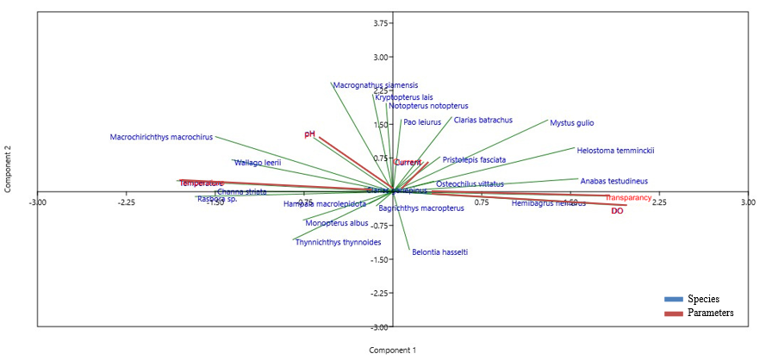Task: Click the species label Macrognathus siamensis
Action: pyautogui.click(x=375, y=85)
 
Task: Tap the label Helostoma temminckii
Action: pyautogui.click(x=615, y=150)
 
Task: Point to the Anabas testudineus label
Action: pyautogui.click(x=613, y=182)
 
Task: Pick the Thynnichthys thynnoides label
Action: pyautogui.click(x=338, y=242)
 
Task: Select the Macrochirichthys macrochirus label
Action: pyautogui.click(x=161, y=137)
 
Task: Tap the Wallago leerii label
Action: pyautogui.click(x=258, y=162)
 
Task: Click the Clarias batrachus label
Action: pyautogui.click(x=483, y=121)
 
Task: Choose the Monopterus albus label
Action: pyautogui.click(x=337, y=223)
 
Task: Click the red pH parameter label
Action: pyautogui.click(x=310, y=134)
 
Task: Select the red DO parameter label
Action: pyautogui.click(x=617, y=211)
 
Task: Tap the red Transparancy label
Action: pyautogui.click(x=628, y=198)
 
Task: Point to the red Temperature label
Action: pyautogui.click(x=202, y=183)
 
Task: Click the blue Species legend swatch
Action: pyautogui.click(x=673, y=299)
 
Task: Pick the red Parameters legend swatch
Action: pyautogui.click(x=673, y=313)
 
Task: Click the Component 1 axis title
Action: pyautogui.click(x=392, y=351)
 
